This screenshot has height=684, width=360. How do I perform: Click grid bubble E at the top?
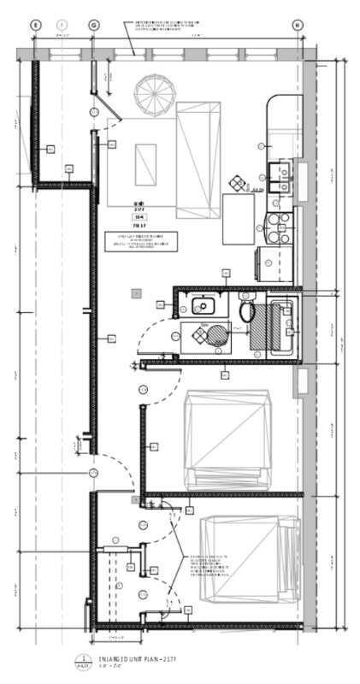coord(35,26)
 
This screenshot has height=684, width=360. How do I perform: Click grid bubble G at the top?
coord(92,26)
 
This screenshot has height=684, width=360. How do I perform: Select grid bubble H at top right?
coord(298,26)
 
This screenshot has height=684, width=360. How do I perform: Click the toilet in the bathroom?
coord(247,312)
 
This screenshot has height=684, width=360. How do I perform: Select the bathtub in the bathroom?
coord(282,327)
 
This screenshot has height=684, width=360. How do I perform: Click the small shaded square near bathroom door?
coord(136,293)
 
